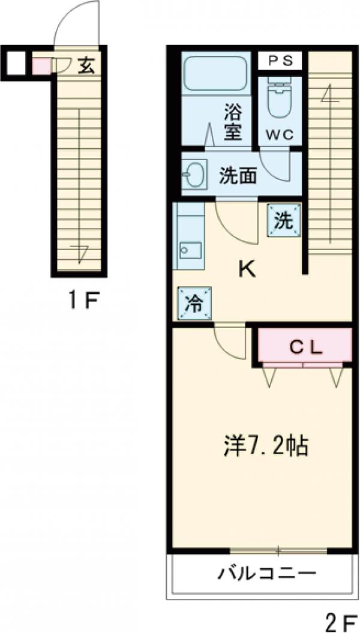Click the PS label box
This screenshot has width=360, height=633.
click(x=280, y=60)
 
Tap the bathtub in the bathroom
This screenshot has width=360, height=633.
click(x=216, y=74)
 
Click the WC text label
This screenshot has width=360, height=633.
click(x=280, y=135)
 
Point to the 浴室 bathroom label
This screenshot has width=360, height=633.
click(x=233, y=122)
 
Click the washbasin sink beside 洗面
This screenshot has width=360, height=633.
click(x=194, y=175)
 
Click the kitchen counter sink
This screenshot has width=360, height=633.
click(x=191, y=248)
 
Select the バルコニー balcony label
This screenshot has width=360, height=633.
click(x=266, y=574)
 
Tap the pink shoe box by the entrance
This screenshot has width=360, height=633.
click(x=41, y=65)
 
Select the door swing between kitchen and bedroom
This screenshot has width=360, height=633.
click(x=231, y=343)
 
